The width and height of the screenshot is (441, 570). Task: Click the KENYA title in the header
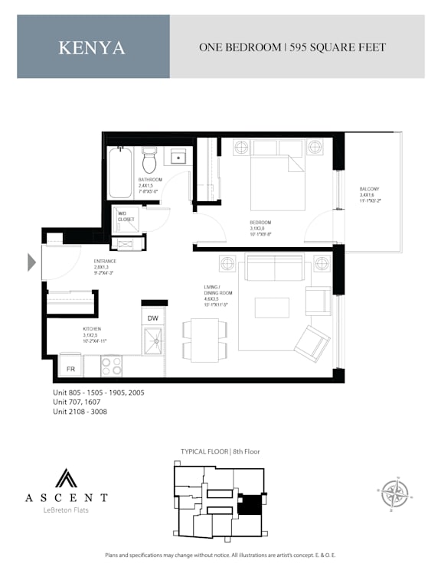(x=92, y=47)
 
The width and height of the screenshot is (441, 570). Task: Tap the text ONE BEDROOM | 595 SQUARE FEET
(x=292, y=47)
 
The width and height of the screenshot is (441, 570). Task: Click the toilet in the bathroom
(x=149, y=160)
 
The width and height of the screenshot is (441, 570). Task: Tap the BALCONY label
(x=369, y=189)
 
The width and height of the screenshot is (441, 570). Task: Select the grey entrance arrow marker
(x=31, y=262)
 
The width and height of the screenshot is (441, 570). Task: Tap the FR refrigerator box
(x=70, y=369)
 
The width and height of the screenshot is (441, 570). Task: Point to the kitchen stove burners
(x=112, y=366)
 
